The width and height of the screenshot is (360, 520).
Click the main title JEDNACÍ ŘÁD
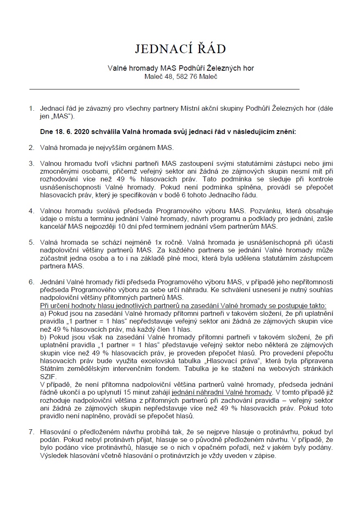180,49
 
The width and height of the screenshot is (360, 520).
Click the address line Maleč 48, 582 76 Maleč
180,76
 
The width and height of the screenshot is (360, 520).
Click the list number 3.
31,164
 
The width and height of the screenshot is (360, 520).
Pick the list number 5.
31,242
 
